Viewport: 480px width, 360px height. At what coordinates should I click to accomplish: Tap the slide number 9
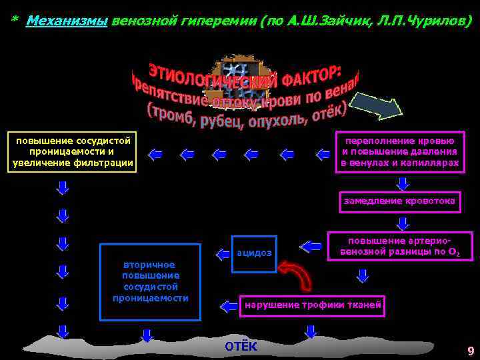coord(471,351)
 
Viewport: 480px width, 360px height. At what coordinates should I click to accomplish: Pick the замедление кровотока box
coord(399,201)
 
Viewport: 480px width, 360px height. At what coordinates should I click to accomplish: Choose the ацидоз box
coord(254,253)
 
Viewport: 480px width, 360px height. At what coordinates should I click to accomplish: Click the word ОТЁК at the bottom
coord(240,347)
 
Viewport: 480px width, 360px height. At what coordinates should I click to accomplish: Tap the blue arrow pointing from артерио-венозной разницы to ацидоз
coord(311,247)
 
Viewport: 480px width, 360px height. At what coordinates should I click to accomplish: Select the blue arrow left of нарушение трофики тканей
coord(229,306)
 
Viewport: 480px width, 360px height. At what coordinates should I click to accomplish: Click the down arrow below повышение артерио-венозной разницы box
coord(363,275)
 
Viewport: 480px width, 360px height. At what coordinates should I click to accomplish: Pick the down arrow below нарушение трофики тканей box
coord(310,331)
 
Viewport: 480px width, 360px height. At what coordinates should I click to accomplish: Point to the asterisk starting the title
coord(14,21)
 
